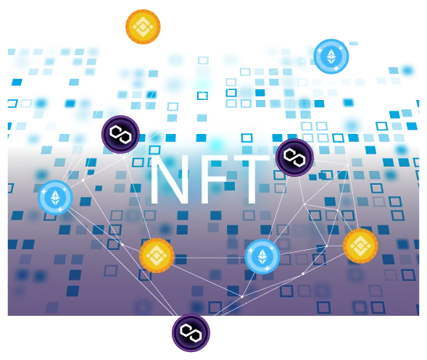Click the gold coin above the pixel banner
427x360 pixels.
[143, 27]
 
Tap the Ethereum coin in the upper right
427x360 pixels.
[331, 56]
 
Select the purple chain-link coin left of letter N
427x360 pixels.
[120, 135]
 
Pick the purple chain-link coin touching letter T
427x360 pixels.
[294, 158]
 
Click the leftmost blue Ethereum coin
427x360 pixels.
[55, 197]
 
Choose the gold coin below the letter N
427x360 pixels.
[157, 256]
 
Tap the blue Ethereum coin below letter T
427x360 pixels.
[262, 256]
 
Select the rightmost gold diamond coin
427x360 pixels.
[360, 246]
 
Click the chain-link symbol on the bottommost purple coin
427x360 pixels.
[191, 332]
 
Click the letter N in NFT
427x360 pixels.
[169, 180]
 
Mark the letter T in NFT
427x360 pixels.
[251, 180]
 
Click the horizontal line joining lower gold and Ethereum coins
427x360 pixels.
[210, 257]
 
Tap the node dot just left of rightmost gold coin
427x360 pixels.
[327, 246]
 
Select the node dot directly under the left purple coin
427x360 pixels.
[124, 157]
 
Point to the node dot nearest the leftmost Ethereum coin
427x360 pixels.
[83, 180]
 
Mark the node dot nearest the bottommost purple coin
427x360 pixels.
[242, 296]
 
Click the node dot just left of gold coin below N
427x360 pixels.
[123, 245]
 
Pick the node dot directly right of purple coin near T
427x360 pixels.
[348, 165]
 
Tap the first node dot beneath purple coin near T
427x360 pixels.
[304, 204]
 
